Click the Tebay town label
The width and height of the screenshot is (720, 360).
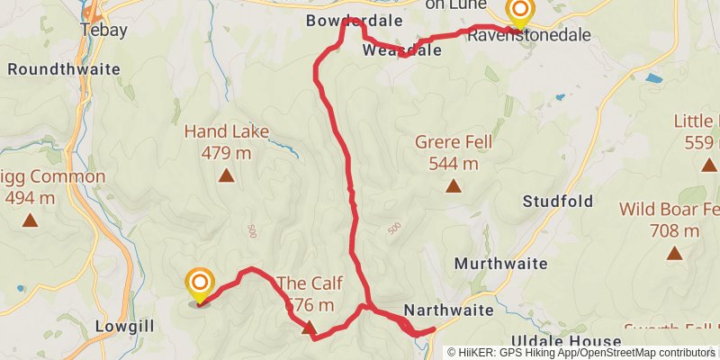104,30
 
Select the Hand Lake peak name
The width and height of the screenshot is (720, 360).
227,131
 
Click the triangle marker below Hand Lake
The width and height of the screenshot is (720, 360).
226,176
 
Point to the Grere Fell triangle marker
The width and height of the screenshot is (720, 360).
454,186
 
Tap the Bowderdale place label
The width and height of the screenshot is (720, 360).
346,20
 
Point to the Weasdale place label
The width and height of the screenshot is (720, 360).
402,50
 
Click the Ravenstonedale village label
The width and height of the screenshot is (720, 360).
529,35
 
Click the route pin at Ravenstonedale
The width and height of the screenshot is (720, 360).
520,11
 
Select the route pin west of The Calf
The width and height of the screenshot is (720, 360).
200,284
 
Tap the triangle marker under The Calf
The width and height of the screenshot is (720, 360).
309,328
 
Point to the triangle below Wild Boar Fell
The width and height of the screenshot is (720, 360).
674,253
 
